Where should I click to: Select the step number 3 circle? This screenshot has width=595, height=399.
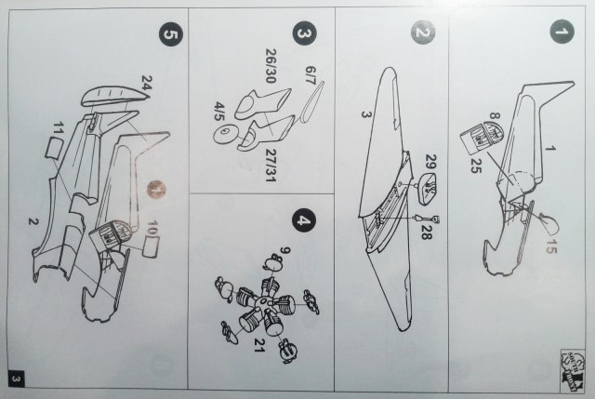click(x=301, y=33)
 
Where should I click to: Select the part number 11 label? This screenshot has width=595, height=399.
click(x=59, y=125)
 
